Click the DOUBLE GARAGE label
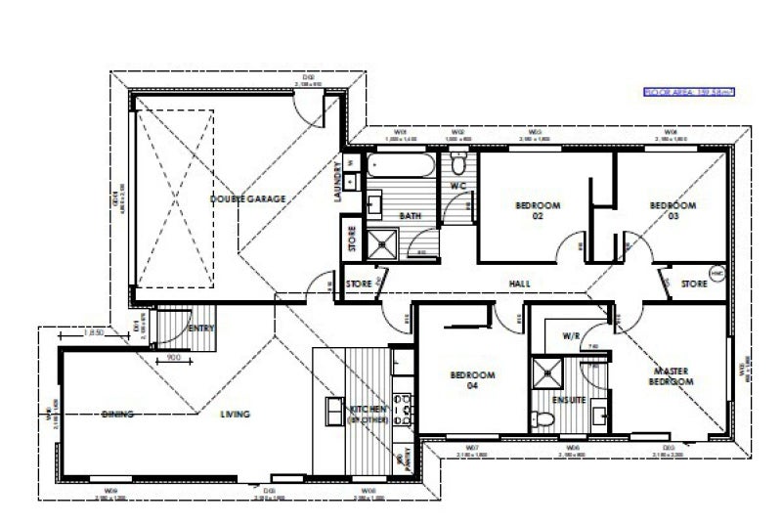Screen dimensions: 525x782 247,198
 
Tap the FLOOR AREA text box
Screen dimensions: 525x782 687,93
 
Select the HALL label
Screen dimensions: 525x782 519,284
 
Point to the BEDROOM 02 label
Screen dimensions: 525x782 538,210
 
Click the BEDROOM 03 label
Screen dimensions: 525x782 673,210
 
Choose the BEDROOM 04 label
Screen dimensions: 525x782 473,380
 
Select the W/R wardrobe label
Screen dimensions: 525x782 572,335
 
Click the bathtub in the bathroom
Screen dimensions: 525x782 402,166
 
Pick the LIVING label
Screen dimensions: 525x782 235,415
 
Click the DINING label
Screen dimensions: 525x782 118,415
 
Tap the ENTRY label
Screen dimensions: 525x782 200,328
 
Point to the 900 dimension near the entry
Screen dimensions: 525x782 174,357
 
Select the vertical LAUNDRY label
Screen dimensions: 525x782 337,182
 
